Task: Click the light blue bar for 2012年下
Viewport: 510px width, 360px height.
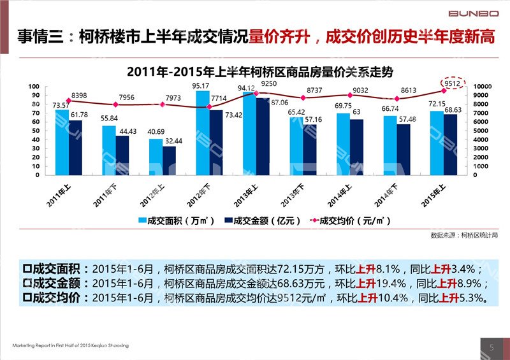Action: click(202, 133)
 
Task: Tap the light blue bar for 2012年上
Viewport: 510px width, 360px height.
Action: click(156, 157)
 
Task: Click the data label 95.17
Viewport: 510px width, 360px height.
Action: click(201, 86)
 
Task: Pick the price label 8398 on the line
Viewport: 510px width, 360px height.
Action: click(80, 95)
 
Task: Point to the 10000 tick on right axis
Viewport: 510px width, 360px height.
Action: click(483, 87)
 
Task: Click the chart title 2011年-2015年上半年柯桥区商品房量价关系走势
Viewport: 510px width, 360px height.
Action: click(254, 71)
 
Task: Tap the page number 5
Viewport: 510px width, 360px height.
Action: click(492, 347)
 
